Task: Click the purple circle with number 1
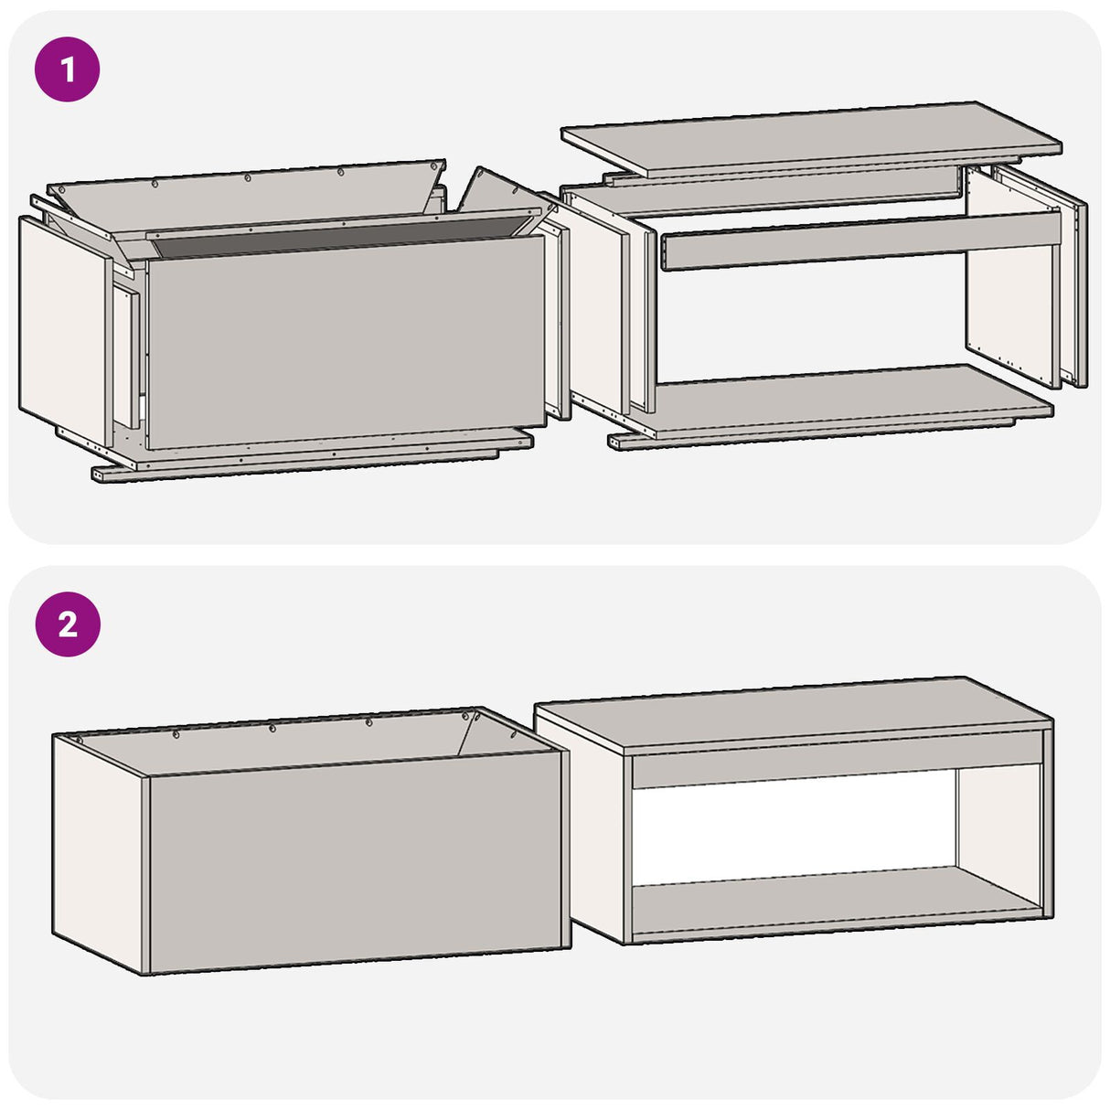point(67,69)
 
